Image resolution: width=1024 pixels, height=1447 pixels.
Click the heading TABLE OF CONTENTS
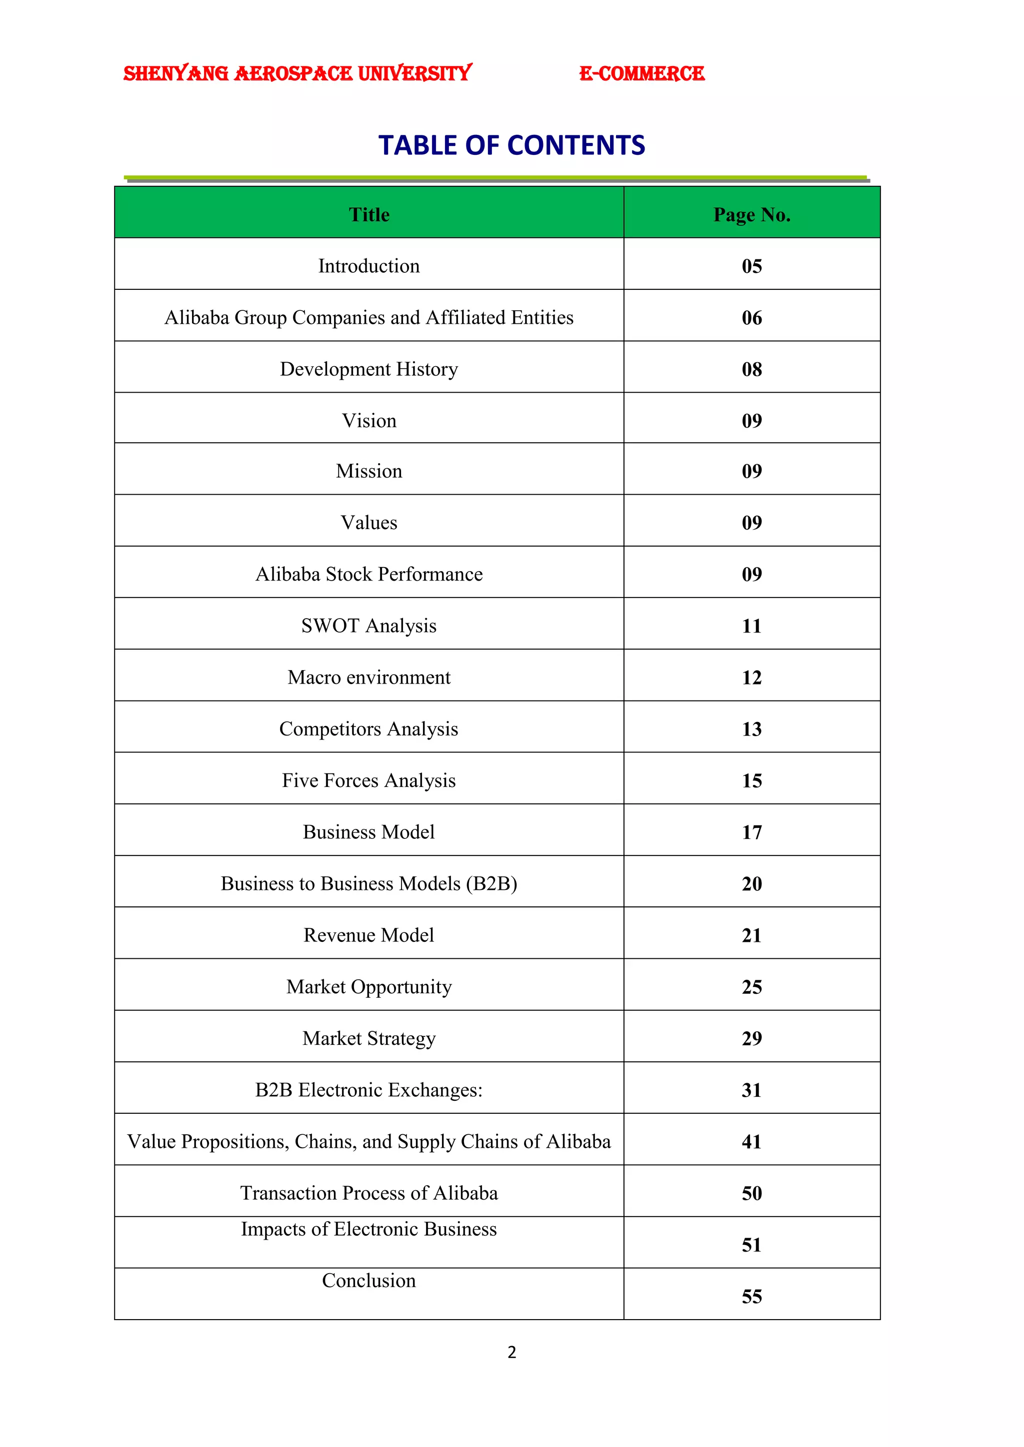coord(511,145)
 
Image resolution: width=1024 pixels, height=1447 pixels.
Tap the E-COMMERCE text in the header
coord(641,74)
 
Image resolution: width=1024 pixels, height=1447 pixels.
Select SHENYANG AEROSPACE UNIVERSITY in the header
coord(297,74)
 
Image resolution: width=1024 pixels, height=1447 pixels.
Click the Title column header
coord(369,215)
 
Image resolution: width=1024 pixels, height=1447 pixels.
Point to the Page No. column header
coord(751,215)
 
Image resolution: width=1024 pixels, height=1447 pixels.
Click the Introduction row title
coord(369,266)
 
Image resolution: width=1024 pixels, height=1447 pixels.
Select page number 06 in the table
coord(751,318)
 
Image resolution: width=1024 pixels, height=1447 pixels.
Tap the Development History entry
coord(369,369)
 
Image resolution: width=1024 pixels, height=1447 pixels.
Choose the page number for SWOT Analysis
coord(751,626)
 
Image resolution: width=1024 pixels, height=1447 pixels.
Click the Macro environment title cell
coord(369,678)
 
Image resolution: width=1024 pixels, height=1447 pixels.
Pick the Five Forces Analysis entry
coord(369,781)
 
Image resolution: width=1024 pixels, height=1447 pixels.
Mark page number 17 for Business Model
coord(751,832)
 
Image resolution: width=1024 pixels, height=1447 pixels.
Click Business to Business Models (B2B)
coord(369,883)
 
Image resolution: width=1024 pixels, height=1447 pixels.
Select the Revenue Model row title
coord(369,935)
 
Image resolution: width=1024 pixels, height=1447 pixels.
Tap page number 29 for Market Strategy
coord(751,1039)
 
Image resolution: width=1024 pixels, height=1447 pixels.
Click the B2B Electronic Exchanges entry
coord(369,1090)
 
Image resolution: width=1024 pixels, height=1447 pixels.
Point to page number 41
coord(751,1142)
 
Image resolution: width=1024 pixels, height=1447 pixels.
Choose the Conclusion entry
coord(369,1281)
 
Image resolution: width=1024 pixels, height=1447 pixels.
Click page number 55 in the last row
coord(751,1297)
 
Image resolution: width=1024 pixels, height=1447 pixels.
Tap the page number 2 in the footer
coord(511,1352)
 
